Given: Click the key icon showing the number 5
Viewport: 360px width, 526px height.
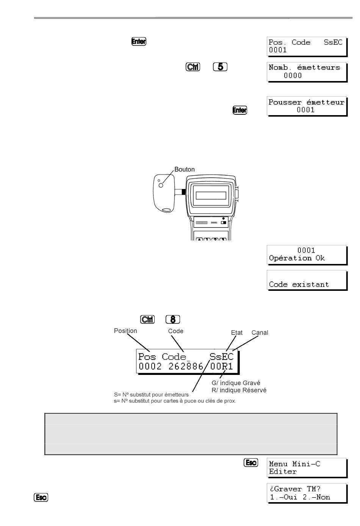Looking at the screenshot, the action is (220, 67).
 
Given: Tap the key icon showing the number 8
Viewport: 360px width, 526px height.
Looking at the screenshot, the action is (173, 319).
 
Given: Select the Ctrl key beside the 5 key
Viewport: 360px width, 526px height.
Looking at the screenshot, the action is (193, 67).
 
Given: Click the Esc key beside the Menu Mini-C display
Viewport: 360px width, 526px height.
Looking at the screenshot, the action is (251, 462).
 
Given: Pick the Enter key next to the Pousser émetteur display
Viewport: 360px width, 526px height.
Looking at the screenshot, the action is (240, 110).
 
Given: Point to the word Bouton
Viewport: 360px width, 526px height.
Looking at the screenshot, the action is (185, 169).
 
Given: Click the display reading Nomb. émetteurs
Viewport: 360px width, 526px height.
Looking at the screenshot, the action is (307, 72).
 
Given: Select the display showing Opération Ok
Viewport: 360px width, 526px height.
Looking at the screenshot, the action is (307, 255).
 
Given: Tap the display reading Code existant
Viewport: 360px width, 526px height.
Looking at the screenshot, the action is (307, 280).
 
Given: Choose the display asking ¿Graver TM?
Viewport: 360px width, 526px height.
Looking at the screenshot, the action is (307, 493).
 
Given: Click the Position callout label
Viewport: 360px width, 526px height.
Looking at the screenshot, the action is (125, 331).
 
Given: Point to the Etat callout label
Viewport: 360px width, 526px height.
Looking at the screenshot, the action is (236, 332).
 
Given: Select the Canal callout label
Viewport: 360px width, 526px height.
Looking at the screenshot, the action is (260, 332).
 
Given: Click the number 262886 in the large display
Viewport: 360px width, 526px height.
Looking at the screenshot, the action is (186, 366).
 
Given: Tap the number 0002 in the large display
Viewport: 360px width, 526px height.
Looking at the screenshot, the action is (150, 366).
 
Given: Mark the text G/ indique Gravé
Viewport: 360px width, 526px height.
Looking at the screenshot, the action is (236, 383).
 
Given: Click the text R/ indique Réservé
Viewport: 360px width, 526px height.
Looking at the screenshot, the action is (239, 390).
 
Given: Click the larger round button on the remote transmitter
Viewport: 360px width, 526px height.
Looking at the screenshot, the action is (161, 185).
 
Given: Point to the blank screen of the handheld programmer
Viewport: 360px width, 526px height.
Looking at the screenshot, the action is (211, 195).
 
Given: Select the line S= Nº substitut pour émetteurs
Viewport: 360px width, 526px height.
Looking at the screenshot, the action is (151, 395).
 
